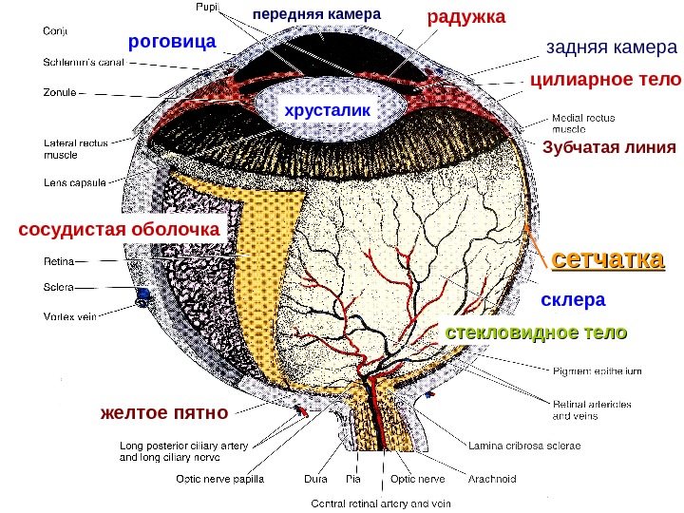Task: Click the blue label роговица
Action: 172,42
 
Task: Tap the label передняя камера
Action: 316,15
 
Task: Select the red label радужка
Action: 466,18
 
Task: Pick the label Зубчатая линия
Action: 608,147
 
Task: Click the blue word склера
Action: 573,300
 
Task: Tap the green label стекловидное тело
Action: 537,332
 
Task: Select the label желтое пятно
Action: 163,412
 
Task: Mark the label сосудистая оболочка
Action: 119,230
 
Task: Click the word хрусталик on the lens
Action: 325,110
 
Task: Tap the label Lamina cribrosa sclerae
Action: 523,444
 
